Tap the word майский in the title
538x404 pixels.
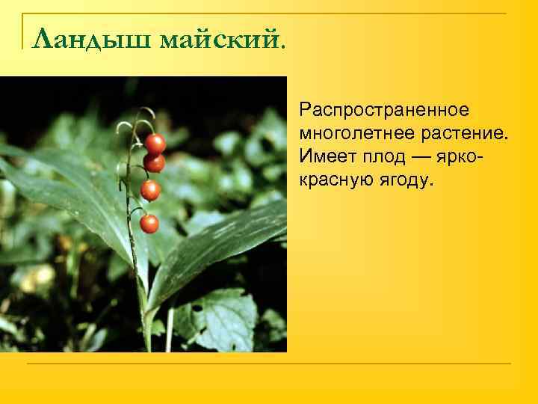point(220,37)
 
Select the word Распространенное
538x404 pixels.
point(384,111)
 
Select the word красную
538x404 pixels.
point(335,180)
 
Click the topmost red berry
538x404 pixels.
point(155,143)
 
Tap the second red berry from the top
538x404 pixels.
point(154,162)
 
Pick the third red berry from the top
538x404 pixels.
point(150,190)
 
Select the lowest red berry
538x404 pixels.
point(149,223)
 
